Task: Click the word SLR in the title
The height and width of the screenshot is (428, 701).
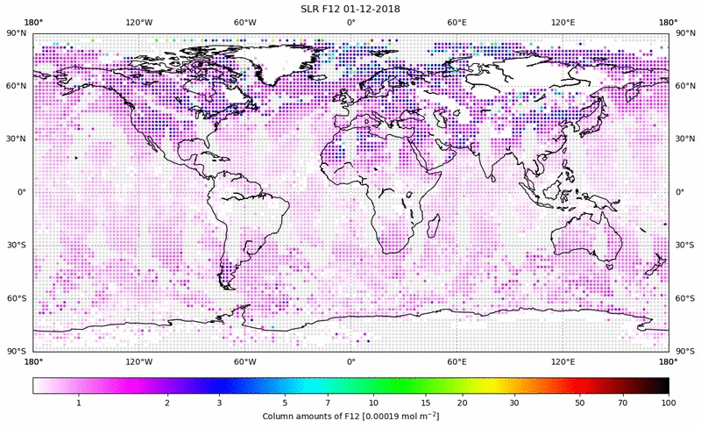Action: tap(301, 9)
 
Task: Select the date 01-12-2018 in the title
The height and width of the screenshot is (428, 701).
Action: tap(368, 9)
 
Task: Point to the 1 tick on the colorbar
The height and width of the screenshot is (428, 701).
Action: tap(79, 402)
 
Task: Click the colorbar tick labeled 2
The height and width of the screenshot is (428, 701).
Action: tap(166, 402)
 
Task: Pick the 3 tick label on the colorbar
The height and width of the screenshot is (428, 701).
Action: tap(219, 402)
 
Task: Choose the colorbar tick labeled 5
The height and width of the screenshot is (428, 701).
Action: tap(285, 402)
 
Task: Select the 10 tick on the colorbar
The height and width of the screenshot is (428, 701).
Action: tap(373, 402)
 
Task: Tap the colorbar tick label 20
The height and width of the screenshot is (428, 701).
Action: tap(462, 402)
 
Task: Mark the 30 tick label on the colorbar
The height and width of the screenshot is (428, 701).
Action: tap(514, 402)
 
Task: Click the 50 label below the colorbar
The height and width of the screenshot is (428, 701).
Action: tap(580, 402)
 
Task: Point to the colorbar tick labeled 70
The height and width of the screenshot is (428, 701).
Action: tap(623, 402)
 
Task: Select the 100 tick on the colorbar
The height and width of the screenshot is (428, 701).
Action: tap(668, 402)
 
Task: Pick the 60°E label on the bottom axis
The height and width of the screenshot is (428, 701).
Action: tap(457, 361)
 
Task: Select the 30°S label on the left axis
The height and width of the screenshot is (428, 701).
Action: tap(17, 246)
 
